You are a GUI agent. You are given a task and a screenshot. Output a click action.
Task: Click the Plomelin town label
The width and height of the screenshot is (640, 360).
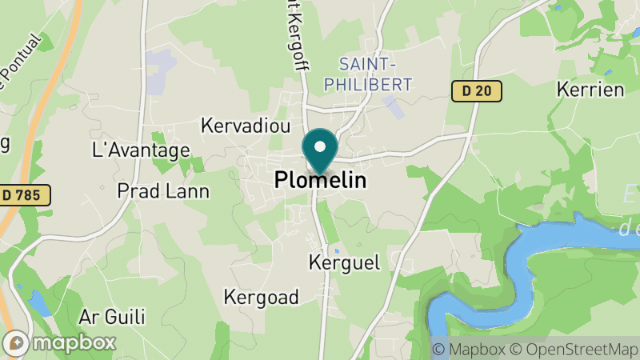320,181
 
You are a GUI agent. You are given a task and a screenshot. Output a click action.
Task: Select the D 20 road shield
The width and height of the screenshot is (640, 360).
476,91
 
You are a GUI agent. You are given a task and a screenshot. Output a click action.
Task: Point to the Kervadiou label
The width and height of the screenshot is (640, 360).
246,126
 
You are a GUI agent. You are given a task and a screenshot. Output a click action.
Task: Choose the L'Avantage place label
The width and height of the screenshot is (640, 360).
142,150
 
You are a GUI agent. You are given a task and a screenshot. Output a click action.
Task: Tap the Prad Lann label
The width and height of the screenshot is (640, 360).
162,190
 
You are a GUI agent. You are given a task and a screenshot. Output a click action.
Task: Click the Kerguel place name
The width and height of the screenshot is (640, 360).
344,262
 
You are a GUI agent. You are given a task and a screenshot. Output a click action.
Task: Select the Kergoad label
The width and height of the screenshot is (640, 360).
261,297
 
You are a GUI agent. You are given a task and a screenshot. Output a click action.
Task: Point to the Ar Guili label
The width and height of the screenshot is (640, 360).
113,316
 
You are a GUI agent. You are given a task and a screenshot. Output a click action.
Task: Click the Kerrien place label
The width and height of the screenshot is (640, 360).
590,89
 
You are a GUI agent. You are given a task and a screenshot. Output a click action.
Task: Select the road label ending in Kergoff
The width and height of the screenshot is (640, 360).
296,36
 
